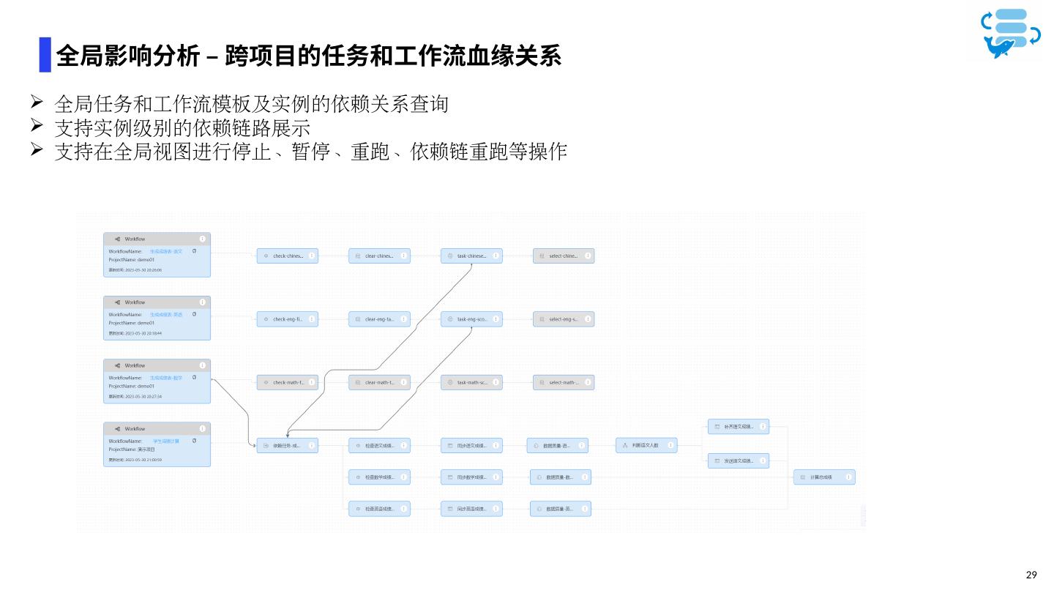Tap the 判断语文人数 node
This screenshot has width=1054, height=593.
point(646,445)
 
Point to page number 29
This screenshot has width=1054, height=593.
point(1032,575)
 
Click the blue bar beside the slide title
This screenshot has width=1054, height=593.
point(45,55)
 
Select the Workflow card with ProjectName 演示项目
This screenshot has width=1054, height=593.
point(157,444)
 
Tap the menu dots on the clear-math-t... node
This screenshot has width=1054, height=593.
point(404,382)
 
